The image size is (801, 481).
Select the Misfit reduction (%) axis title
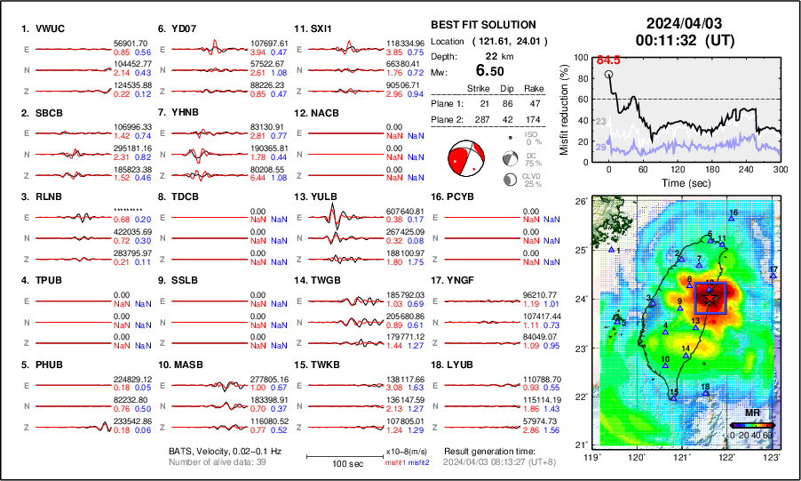pos(565,109)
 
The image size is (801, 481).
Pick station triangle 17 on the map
pos(774,275)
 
